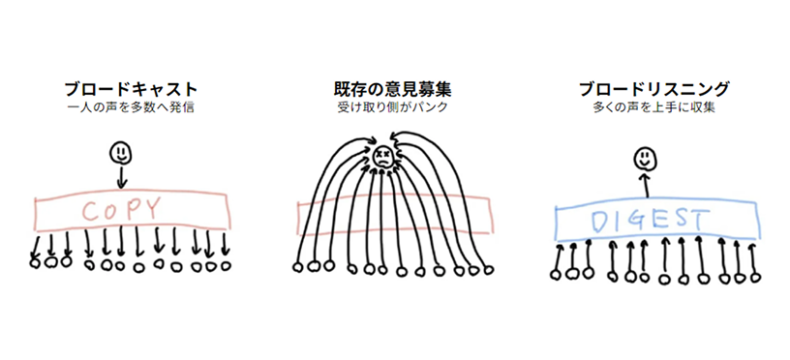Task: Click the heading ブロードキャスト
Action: (x=130, y=90)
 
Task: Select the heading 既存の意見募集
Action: (x=392, y=90)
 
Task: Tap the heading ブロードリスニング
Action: (x=653, y=90)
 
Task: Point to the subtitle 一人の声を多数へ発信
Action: (x=130, y=108)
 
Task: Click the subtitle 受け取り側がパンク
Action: (x=392, y=108)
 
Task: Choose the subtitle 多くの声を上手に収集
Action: (x=653, y=108)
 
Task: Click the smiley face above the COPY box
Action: (x=120, y=152)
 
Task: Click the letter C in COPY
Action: (x=89, y=210)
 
